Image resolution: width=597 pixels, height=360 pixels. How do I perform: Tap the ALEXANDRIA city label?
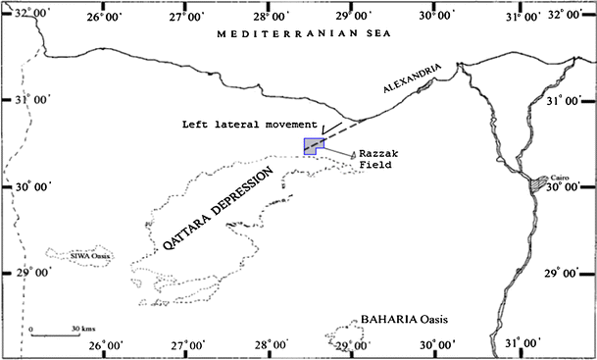coord(406,86)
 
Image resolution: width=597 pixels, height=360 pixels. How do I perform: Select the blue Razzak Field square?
coord(312,146)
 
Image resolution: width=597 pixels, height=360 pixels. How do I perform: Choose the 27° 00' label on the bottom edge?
coord(188,345)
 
